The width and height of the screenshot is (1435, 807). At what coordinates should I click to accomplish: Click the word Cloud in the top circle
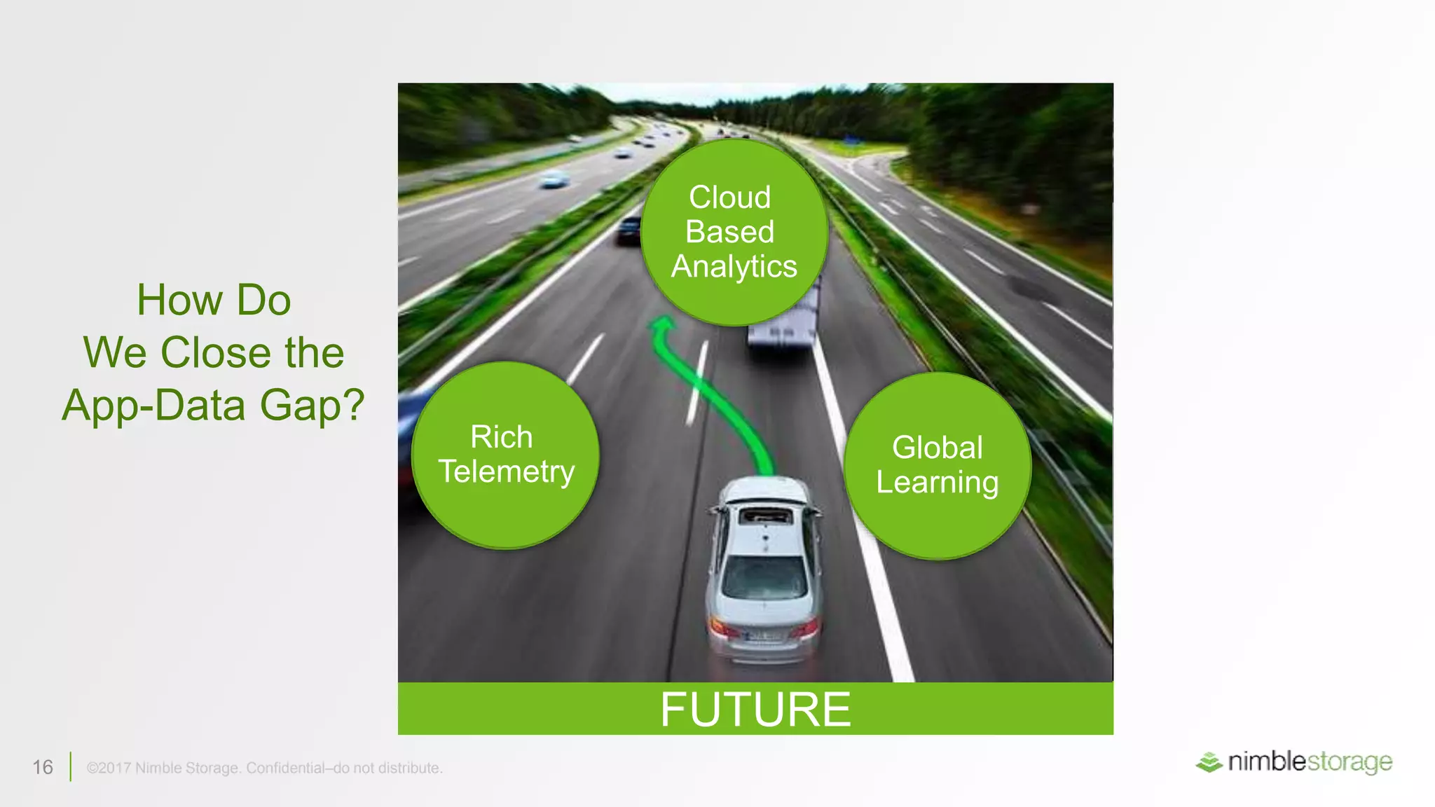click(729, 198)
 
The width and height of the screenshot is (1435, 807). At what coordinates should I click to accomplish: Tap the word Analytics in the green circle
click(734, 267)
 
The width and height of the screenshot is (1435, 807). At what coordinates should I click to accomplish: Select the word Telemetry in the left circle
click(506, 471)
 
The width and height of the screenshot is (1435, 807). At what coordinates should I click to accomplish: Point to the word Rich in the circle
click(501, 437)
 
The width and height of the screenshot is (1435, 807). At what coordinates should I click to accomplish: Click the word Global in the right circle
click(937, 448)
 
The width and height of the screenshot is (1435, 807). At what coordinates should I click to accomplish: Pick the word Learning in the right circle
click(937, 483)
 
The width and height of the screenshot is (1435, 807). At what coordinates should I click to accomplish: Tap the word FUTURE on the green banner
click(755, 710)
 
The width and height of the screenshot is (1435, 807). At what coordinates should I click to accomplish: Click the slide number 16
click(43, 767)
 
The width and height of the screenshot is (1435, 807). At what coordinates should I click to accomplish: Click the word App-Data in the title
click(154, 405)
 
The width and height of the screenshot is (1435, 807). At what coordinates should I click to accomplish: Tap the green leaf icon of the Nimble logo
click(1209, 762)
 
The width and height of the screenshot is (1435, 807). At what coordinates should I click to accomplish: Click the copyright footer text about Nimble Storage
click(264, 768)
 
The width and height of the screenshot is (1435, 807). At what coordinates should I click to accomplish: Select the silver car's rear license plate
click(764, 637)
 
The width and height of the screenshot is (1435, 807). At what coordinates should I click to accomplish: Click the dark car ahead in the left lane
click(629, 230)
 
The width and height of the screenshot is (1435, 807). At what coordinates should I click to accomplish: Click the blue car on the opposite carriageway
click(554, 179)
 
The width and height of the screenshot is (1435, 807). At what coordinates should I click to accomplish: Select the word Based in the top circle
click(729, 232)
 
